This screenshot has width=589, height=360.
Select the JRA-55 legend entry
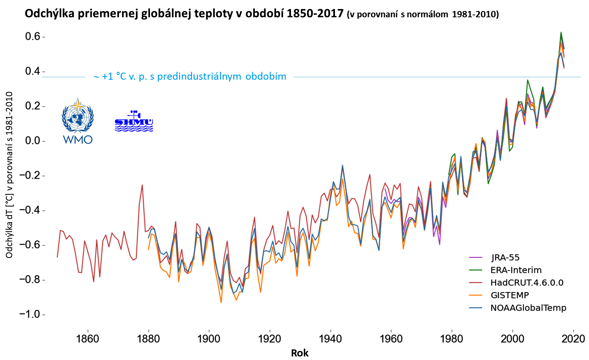click(505, 258)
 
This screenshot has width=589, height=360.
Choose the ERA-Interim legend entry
click(516, 270)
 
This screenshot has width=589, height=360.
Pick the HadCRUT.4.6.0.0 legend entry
click(527, 283)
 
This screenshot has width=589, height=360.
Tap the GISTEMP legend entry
click(510, 295)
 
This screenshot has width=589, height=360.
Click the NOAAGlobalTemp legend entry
click(528, 308)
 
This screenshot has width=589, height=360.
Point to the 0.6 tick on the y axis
click(33, 37)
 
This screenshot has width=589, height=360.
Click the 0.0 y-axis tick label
click(33, 141)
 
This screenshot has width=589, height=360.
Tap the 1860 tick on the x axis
click(88, 338)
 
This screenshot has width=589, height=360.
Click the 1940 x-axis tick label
click(331, 338)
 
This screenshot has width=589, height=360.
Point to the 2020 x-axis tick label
click(573, 338)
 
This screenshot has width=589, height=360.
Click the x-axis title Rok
click(300, 353)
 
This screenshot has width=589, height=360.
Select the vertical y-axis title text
click(9, 175)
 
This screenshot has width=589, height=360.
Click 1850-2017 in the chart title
click(315, 14)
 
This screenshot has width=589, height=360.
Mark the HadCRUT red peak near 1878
click(142, 185)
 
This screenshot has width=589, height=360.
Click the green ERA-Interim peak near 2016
click(561, 32)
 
